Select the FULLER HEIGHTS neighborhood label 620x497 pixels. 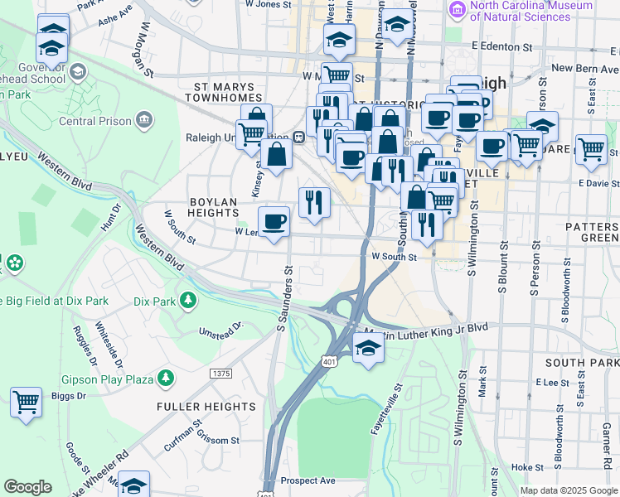point(206,407)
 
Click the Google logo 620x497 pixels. point(27,487)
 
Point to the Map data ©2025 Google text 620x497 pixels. point(569,490)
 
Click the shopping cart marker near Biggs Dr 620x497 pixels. point(27,403)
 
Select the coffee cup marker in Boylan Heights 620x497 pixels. point(274,221)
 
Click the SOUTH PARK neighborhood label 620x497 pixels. point(582,363)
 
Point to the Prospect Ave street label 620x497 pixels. point(308,480)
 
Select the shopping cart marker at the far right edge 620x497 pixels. point(591,151)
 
